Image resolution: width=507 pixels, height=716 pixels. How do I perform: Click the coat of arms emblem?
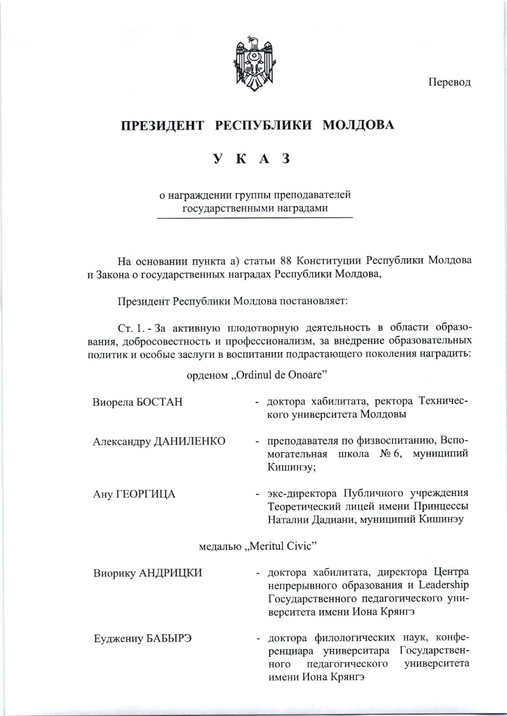(x=254, y=63)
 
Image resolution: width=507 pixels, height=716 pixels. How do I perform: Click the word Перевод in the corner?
(x=449, y=82)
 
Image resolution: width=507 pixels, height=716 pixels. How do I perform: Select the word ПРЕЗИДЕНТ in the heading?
(x=162, y=125)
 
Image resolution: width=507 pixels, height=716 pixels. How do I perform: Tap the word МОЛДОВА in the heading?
(x=358, y=125)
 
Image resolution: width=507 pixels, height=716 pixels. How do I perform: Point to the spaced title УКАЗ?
(x=252, y=159)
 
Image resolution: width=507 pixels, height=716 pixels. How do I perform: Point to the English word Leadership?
(x=444, y=585)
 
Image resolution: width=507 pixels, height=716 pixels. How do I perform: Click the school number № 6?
(x=391, y=454)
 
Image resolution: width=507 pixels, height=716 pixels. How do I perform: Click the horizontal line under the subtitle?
(x=255, y=218)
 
